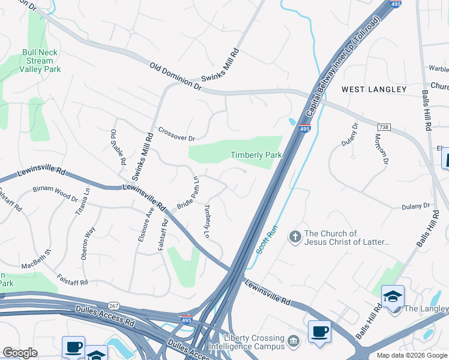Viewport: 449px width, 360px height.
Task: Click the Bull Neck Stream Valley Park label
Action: (x=40, y=61)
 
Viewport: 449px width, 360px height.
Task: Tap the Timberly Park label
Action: (x=256, y=155)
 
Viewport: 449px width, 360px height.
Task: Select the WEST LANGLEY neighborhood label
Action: (x=374, y=89)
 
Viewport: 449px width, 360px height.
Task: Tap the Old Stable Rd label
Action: (x=118, y=147)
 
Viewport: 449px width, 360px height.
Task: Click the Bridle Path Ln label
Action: (x=187, y=193)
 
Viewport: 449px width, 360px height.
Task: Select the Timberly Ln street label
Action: (x=207, y=221)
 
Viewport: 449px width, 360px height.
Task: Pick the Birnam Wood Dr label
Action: (x=55, y=193)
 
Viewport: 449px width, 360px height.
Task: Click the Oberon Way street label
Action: (x=88, y=243)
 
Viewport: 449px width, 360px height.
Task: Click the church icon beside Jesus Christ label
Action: (x=295, y=237)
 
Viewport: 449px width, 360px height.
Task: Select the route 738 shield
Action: (x=384, y=127)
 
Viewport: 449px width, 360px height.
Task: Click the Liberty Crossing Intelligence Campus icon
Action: (x=294, y=341)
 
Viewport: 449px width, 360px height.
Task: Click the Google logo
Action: (x=20, y=353)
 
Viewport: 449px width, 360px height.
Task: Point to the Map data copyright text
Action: (x=412, y=355)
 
